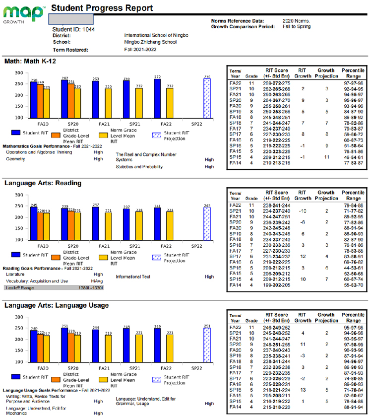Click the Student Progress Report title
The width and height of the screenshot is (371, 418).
point(102,8)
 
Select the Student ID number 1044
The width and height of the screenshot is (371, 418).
point(88,30)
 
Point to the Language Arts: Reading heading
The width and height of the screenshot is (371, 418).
point(43,183)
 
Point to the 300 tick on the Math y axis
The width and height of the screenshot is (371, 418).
point(19,72)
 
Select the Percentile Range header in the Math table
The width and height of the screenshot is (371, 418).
point(353,73)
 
